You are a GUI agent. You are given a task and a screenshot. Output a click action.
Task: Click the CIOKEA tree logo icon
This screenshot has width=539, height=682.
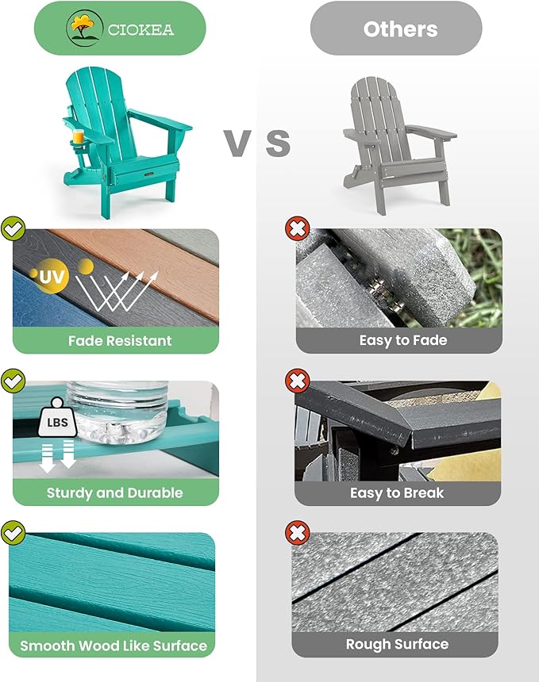79,29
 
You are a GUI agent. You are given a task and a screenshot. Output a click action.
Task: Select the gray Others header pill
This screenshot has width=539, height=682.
396,29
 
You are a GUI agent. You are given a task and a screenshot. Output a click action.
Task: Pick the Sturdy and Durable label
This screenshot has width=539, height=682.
115,492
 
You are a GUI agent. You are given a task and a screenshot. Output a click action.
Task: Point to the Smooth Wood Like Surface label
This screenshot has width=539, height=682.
114,645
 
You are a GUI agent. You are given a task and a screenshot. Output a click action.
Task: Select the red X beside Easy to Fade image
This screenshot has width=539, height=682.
297,229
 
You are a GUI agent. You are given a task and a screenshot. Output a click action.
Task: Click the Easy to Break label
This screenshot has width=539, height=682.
397,492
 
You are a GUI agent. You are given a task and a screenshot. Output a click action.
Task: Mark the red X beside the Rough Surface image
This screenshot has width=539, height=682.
297,531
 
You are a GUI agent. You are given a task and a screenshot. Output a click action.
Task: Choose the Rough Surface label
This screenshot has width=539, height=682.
397,644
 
